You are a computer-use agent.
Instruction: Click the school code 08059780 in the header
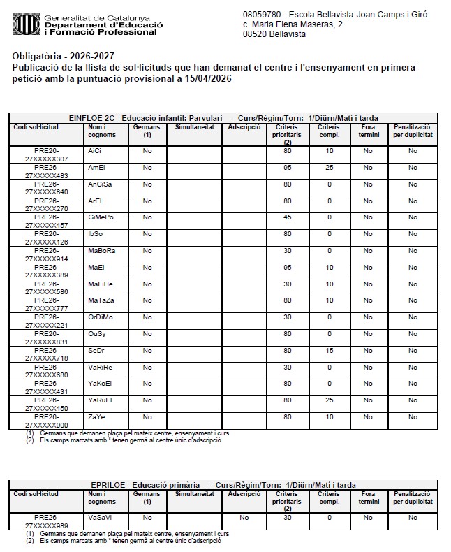click(x=263, y=14)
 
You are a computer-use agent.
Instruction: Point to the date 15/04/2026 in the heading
click(x=206, y=79)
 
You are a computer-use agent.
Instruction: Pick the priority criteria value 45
click(x=287, y=217)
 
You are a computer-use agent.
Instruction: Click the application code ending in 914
click(x=47, y=255)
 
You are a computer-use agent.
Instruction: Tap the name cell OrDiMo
click(x=101, y=317)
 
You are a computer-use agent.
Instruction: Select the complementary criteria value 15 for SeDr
click(x=329, y=351)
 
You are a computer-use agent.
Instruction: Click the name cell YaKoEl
click(x=101, y=384)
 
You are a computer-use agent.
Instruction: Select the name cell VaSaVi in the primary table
click(x=101, y=518)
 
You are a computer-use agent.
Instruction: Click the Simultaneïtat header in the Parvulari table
click(x=194, y=127)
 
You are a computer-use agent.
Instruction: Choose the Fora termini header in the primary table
click(x=368, y=497)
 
